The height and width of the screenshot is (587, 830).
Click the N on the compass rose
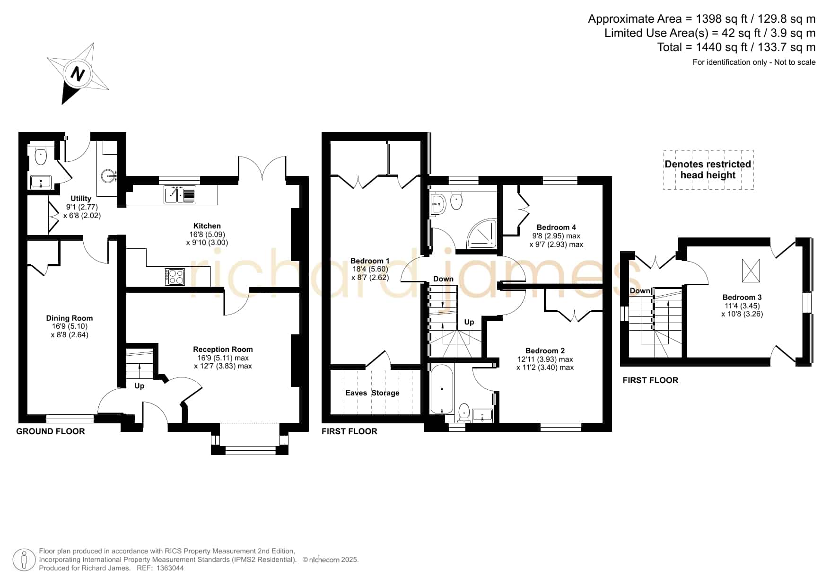pos(78,74)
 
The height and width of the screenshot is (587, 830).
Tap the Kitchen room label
pos(207,226)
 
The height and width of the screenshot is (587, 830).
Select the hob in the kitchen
pos(175,277)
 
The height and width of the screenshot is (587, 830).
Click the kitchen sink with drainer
pos(180,194)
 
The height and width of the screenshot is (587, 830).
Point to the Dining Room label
pos(70,318)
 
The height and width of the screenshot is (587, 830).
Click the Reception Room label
pos(223,350)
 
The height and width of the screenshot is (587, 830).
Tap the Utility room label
pos(81,199)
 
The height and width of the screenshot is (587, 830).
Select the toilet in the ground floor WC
pos(41,156)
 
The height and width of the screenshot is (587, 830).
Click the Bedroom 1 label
pos(370,261)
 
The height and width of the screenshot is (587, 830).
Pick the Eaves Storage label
pos(372,393)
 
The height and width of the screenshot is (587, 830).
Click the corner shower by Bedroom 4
pos(482,233)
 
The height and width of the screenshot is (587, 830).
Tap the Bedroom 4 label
pos(556,228)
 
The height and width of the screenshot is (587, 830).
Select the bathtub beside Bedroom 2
pos(442,389)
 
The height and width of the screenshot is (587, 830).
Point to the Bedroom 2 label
pos(545,351)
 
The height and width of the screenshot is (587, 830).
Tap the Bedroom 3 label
pos(742,298)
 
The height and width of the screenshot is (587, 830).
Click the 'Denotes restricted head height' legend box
pos(708,170)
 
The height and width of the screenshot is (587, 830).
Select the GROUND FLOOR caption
pos(51,431)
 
